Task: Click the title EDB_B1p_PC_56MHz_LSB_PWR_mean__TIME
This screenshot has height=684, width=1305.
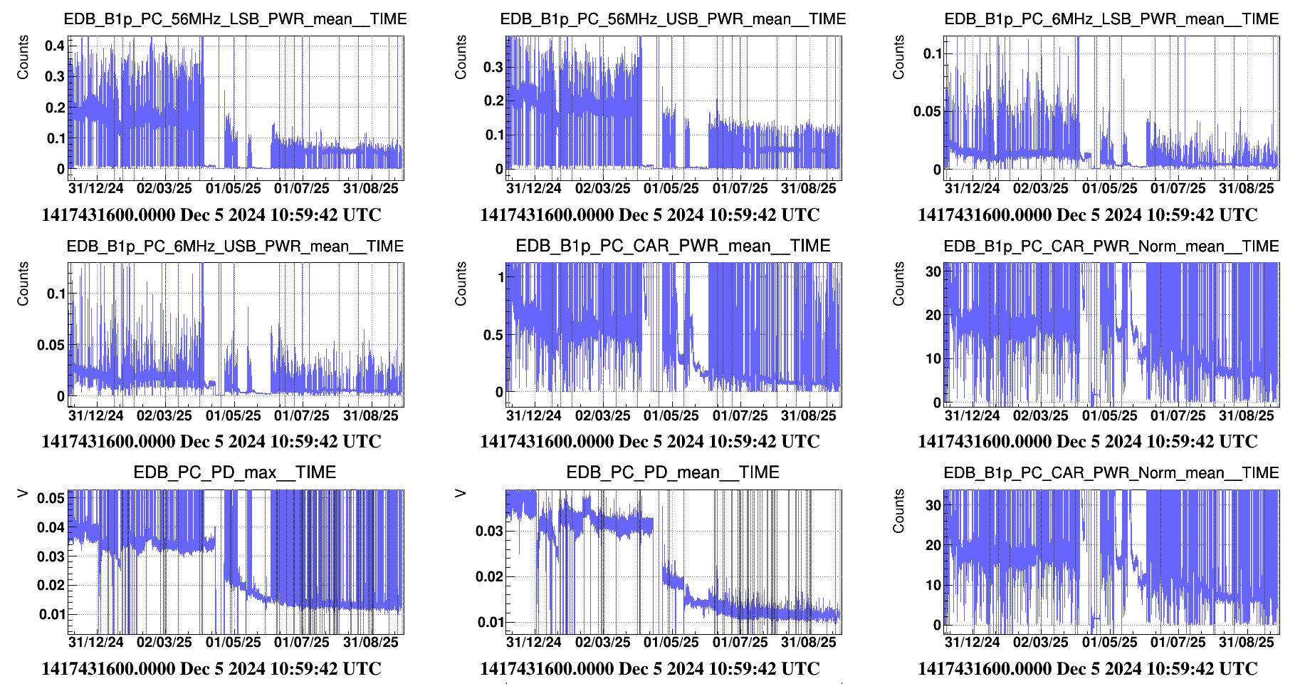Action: [235, 19]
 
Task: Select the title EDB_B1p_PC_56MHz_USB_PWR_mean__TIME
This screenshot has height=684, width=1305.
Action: [673, 19]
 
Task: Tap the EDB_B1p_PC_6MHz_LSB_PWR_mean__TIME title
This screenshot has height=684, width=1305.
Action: [1111, 19]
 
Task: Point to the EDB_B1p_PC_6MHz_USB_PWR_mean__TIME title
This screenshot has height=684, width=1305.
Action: [235, 247]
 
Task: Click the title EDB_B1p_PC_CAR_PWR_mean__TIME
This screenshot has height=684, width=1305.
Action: [673, 247]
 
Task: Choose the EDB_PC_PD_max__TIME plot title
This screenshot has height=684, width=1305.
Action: [235, 473]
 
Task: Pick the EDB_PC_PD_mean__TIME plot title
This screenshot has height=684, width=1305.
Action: [673, 473]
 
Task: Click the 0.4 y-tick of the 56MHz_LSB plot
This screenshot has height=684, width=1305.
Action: [55, 46]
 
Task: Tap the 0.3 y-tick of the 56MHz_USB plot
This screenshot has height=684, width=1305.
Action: [493, 67]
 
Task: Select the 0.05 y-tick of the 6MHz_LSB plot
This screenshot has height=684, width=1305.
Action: [927, 111]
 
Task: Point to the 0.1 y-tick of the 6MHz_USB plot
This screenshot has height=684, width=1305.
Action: [56, 294]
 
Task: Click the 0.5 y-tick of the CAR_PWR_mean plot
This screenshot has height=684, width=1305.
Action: [493, 335]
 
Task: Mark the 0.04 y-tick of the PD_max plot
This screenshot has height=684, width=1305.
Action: [51, 527]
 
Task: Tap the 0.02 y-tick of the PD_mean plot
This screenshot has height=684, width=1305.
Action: [489, 576]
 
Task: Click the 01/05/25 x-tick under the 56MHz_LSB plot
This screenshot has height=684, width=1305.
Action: [234, 189]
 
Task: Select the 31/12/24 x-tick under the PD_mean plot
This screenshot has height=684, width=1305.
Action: [534, 643]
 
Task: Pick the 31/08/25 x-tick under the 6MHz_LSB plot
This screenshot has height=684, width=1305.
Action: [1247, 189]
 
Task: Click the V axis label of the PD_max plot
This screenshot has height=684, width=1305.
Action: [23, 493]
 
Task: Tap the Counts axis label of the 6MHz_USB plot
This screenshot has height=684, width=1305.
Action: [23, 284]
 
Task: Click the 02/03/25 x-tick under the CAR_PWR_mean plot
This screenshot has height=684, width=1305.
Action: [603, 416]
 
